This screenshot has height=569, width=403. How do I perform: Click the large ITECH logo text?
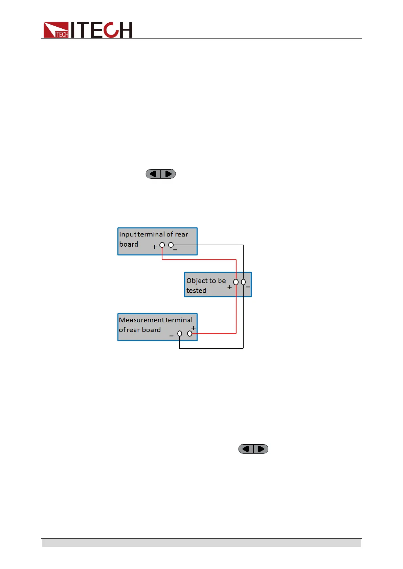tap(102, 30)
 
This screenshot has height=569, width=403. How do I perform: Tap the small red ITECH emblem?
tap(56, 30)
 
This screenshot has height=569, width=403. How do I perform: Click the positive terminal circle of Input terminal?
tap(162, 245)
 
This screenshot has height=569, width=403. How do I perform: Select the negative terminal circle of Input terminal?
tap(171, 245)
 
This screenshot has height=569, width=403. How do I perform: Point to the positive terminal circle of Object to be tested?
tap(236, 282)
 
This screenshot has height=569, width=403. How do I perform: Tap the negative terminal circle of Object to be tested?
tap(243, 282)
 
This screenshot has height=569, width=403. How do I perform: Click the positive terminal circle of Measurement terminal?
tap(189, 333)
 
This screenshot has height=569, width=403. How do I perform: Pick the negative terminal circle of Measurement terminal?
tap(180, 333)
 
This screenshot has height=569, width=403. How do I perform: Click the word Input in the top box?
tap(128, 234)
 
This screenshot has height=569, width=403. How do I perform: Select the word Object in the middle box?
tap(197, 281)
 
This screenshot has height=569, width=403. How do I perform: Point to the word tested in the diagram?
tap(196, 291)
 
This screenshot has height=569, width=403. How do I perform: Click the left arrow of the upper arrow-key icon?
tap(153, 174)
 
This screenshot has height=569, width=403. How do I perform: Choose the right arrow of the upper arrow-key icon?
tap(168, 174)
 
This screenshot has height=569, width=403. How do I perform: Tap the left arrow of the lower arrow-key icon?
tap(246, 449)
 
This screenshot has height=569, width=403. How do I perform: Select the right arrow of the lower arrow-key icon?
tap(261, 449)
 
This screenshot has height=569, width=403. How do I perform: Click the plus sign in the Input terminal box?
tap(154, 247)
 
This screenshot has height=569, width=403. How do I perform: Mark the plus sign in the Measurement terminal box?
tap(193, 328)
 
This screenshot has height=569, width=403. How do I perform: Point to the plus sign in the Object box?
tap(229, 287)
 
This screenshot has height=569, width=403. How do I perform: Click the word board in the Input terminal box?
tap(129, 244)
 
